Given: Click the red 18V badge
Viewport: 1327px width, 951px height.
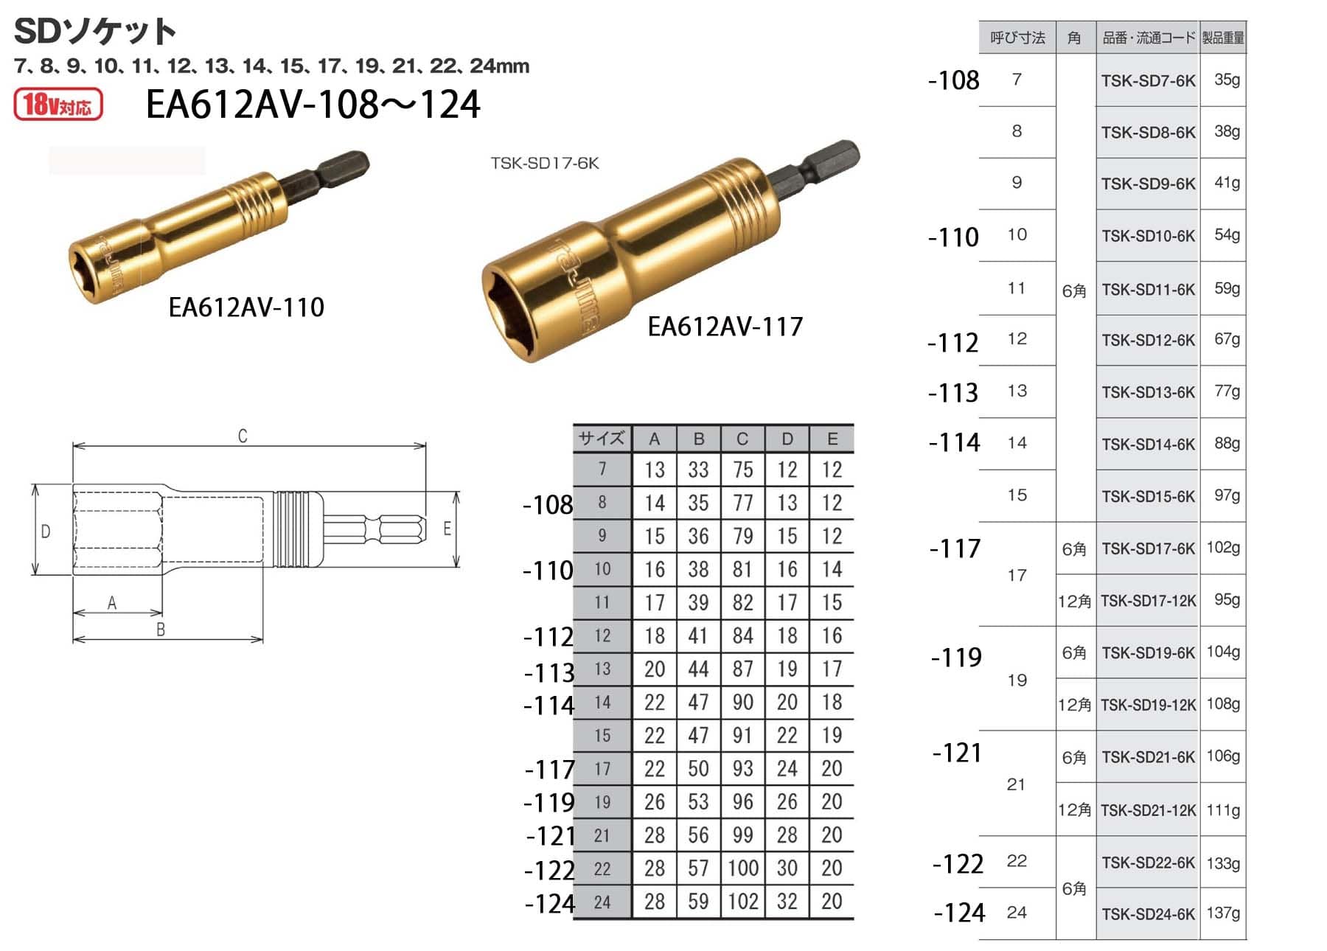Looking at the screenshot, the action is [x=58, y=104].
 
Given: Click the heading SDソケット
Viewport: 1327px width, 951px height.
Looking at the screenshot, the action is [x=95, y=31].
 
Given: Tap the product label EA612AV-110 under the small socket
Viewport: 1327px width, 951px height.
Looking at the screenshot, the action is [x=246, y=307].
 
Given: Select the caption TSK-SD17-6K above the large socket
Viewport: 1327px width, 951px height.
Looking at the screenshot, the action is [x=545, y=163].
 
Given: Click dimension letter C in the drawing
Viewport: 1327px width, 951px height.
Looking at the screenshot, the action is [x=243, y=436].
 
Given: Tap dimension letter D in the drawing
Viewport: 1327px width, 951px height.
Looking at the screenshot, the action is [x=46, y=531].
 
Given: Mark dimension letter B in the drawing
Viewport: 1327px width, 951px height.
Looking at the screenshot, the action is [x=161, y=630].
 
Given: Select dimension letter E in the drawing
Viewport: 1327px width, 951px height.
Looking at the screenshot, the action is [x=447, y=529].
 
